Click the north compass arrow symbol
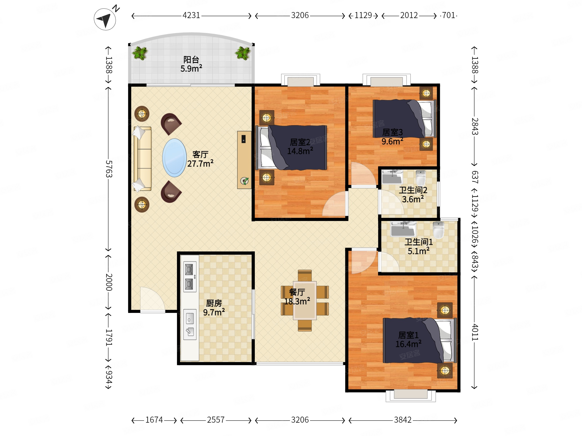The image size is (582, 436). [105, 19]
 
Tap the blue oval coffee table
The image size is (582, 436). [174, 158]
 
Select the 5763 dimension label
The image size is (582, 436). [109, 169]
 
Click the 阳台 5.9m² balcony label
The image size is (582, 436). [191, 64]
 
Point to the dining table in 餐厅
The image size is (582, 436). [305, 300]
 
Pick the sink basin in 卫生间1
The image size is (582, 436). [403, 229]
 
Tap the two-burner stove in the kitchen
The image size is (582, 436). [190, 277]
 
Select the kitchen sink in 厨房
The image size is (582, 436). [190, 325]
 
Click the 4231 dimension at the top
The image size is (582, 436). [191, 15]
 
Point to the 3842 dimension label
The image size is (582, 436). [403, 420]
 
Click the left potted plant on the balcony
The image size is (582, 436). [140, 53]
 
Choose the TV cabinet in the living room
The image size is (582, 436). [244, 160]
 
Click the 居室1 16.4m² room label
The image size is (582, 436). [408, 340]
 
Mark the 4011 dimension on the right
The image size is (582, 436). [475, 332]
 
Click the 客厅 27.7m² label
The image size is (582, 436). [200, 159]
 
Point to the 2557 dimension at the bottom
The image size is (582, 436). [216, 420]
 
